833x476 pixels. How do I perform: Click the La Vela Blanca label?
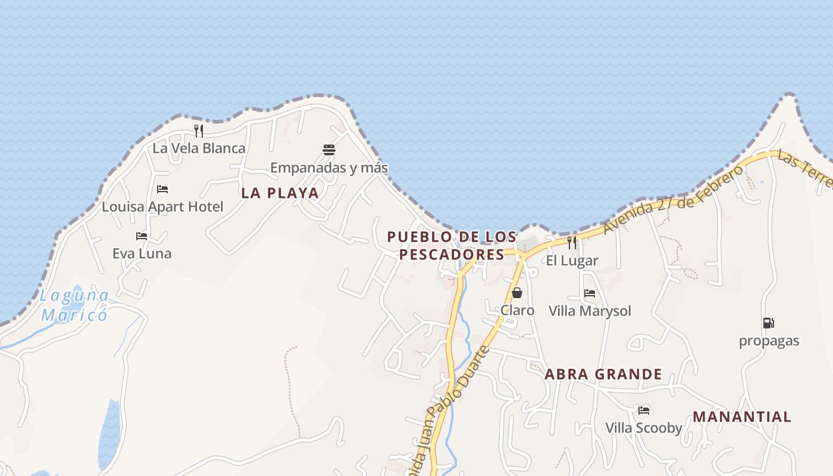click(x=199, y=148)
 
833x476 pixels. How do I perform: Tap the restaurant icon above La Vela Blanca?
click(x=199, y=130)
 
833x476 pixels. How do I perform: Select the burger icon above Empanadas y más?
click(x=329, y=149)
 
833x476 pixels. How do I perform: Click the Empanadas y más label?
click(x=329, y=168)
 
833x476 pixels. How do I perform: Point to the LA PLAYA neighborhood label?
click(x=280, y=193)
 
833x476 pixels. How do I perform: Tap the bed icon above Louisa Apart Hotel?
click(x=162, y=189)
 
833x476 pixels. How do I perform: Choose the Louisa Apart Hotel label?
click(x=162, y=207)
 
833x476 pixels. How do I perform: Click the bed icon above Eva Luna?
click(x=142, y=236)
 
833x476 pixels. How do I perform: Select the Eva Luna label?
click(x=142, y=253)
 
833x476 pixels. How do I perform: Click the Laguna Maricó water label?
click(x=75, y=305)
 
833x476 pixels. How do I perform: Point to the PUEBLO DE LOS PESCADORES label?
click(x=452, y=245)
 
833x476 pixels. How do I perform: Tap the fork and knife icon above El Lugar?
click(x=572, y=242)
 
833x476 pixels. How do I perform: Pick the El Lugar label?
click(x=572, y=261)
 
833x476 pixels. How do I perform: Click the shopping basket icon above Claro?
click(x=517, y=293)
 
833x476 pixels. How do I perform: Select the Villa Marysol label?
click(x=590, y=311)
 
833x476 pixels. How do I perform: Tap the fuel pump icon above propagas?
click(x=769, y=323)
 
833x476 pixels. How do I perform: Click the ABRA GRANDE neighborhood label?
click(x=603, y=374)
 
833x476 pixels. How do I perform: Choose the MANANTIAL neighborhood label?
click(x=742, y=416)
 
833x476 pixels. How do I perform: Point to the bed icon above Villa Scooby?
click(x=644, y=410)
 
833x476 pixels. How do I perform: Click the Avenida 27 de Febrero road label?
click(x=672, y=200)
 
